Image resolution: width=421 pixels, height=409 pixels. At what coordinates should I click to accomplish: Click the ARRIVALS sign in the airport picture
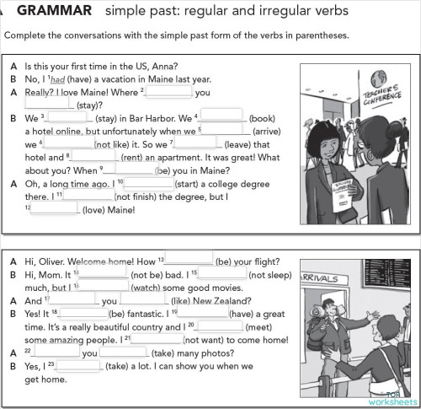point(320,277)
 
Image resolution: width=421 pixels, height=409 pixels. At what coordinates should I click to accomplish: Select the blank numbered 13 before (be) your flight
point(189,260)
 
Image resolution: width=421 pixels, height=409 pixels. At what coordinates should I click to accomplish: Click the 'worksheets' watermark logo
point(391,401)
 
